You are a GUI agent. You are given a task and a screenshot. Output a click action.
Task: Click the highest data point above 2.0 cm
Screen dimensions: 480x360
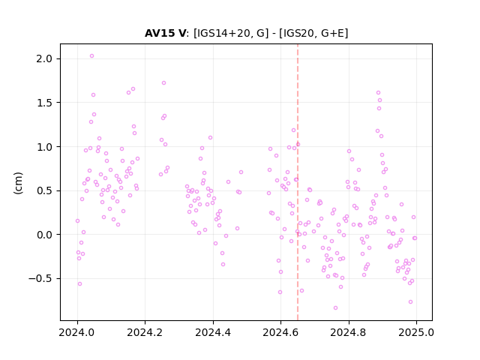click(x=91, y=56)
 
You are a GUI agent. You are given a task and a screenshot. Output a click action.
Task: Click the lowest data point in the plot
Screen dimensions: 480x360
click(x=335, y=308)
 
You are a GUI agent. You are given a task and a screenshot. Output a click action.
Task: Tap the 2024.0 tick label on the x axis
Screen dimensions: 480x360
click(x=77, y=332)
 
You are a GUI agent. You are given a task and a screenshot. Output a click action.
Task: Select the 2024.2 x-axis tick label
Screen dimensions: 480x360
click(x=145, y=332)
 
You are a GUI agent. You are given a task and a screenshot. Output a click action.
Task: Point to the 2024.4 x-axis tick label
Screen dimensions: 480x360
click(x=213, y=332)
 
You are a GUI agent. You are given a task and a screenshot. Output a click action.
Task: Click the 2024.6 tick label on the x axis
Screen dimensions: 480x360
click(x=280, y=332)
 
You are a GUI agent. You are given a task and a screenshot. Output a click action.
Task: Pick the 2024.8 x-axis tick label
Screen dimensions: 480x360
click(x=348, y=332)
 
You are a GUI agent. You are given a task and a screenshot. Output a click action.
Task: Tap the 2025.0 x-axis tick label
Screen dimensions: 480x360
click(x=416, y=332)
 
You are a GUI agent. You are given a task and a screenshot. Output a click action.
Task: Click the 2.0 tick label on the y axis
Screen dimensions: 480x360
click(x=44, y=58)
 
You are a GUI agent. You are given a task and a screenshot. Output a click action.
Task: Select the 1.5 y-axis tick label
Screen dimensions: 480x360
click(x=44, y=103)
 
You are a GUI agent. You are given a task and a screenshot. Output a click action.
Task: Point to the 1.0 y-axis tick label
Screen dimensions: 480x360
click(x=44, y=147)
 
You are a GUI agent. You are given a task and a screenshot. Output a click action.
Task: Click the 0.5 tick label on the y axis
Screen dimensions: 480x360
click(x=44, y=191)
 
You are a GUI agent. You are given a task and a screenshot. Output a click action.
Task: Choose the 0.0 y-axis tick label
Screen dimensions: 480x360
click(x=44, y=235)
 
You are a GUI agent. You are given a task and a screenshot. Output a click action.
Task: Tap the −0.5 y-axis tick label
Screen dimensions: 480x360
click(x=40, y=279)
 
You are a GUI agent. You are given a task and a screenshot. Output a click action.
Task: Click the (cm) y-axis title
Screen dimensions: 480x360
click(x=18, y=183)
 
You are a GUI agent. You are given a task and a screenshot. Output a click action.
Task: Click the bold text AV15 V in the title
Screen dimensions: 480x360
click(x=165, y=33)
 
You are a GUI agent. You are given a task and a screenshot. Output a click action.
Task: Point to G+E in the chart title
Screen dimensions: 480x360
click(x=333, y=33)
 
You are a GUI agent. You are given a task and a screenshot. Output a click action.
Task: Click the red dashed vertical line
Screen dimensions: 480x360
click(x=298, y=182)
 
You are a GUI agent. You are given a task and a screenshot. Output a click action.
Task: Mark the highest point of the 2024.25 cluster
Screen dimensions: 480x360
click(x=163, y=83)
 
